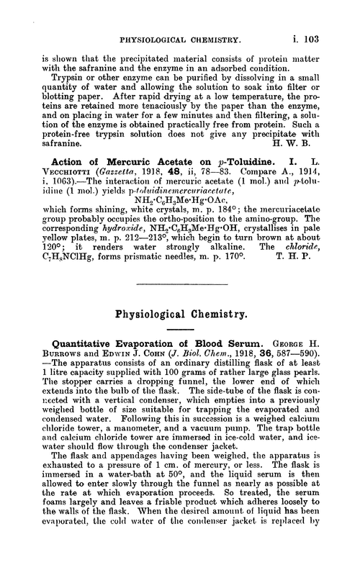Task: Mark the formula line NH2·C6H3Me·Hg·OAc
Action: click(x=181, y=220)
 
